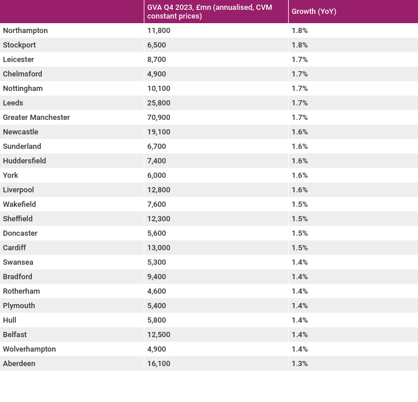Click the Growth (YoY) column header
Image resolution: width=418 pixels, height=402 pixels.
coord(314,12)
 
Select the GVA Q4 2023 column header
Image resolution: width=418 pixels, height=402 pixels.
coord(209,12)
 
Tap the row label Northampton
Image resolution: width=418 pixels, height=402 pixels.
coord(26,31)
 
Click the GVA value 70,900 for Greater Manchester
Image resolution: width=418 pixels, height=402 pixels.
coord(159,118)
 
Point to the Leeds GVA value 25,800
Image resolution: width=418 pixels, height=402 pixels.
coord(159,103)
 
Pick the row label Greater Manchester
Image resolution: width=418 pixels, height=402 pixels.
coord(37,117)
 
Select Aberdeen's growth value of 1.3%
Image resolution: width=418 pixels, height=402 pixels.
coord(300,364)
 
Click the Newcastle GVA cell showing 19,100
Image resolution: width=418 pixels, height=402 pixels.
coord(159,132)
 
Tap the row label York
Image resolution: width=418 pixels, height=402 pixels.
coord(10,176)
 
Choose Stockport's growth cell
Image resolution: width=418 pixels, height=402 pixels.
coord(300,45)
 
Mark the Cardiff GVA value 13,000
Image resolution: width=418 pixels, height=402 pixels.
coord(159,248)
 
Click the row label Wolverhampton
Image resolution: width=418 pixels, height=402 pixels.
coord(30,349)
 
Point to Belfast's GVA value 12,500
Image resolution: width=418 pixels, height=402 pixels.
coord(159,335)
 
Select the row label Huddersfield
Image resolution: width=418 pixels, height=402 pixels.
coord(24,160)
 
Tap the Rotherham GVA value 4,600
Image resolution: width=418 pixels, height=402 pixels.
coord(157,291)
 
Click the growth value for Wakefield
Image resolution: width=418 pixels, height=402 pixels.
coord(300,204)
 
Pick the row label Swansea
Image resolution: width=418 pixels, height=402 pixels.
coord(18,262)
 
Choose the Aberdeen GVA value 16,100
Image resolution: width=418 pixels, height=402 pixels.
coord(159,364)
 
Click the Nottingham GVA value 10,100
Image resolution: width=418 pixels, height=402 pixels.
coord(159,89)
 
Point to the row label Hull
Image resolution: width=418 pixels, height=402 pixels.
coord(10,320)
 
